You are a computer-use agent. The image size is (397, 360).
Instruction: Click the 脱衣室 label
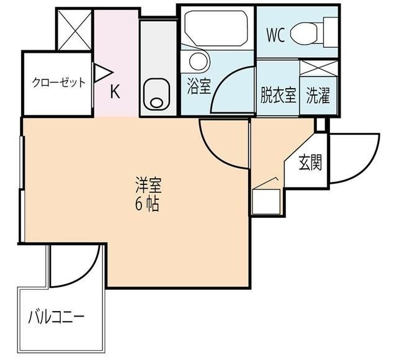277,96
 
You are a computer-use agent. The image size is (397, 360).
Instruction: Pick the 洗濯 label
318,96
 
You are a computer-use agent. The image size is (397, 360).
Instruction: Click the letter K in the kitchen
115,92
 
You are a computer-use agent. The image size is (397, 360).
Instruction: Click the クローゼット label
58,83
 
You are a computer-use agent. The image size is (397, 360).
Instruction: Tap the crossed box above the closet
74,29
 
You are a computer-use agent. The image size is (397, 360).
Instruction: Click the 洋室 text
148,185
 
